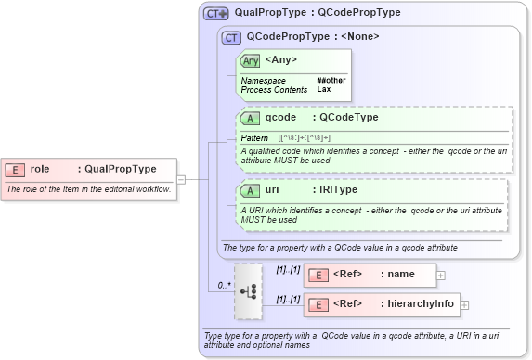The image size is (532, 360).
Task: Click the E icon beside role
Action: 16,169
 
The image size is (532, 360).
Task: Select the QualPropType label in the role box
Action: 120,169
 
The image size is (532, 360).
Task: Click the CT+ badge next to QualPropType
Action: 216,13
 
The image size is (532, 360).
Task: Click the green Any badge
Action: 250,61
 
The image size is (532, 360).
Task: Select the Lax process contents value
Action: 324,90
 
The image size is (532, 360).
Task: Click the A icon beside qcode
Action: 250,118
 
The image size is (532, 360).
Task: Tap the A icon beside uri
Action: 250,190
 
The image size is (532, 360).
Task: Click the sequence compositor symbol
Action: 249,289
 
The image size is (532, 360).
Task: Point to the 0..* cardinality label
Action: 224,285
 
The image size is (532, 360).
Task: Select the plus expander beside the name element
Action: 441,275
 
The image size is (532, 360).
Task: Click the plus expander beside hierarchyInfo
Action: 464,304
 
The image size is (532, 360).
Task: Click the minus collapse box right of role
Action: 182,179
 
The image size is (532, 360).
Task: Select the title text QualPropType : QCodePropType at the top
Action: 318,13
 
